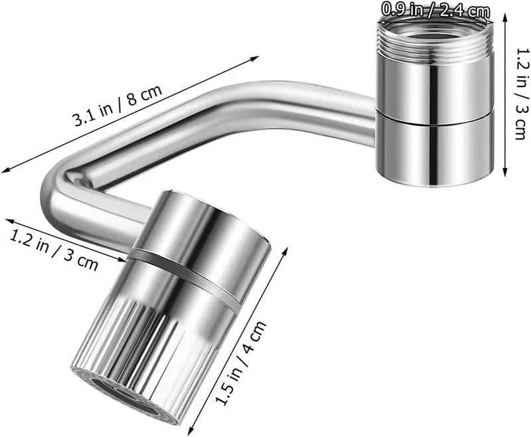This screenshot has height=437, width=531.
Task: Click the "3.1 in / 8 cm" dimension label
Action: coord(117,108)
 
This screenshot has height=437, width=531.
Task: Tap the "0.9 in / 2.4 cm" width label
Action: coord(435,10)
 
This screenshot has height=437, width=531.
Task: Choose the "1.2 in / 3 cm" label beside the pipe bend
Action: coord(54,249)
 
